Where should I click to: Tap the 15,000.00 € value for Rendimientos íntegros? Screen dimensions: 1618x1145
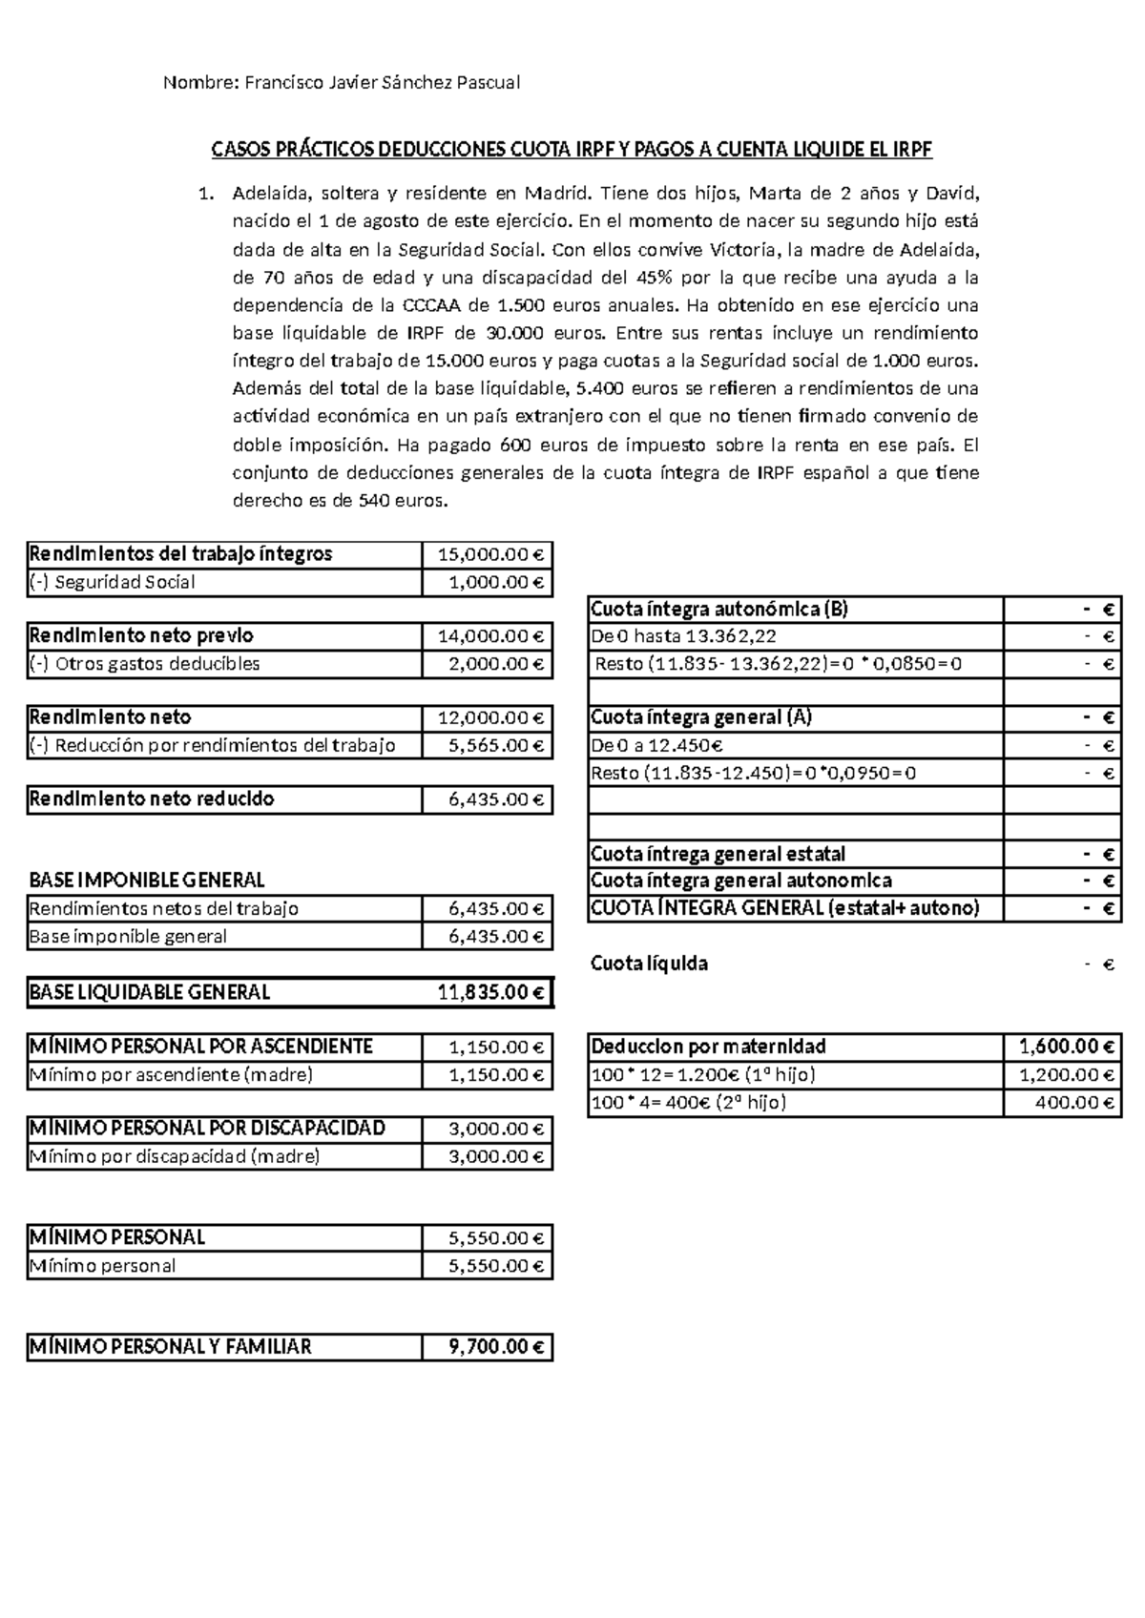pos(489,554)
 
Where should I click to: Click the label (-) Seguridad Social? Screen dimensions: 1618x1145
pos(113,582)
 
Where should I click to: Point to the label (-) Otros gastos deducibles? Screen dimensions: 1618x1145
pos(144,664)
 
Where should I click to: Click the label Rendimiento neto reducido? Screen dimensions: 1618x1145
pos(152,799)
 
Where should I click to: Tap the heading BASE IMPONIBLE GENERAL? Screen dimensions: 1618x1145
pos(147,880)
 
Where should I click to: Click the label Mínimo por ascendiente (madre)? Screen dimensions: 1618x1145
pos(171,1075)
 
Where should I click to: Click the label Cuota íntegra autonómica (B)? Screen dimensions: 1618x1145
pos(719,610)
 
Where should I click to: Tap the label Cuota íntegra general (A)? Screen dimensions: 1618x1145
pos(701,717)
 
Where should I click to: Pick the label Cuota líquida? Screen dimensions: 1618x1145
pos(650,964)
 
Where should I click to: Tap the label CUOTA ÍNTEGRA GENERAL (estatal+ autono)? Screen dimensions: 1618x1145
pos(785,908)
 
